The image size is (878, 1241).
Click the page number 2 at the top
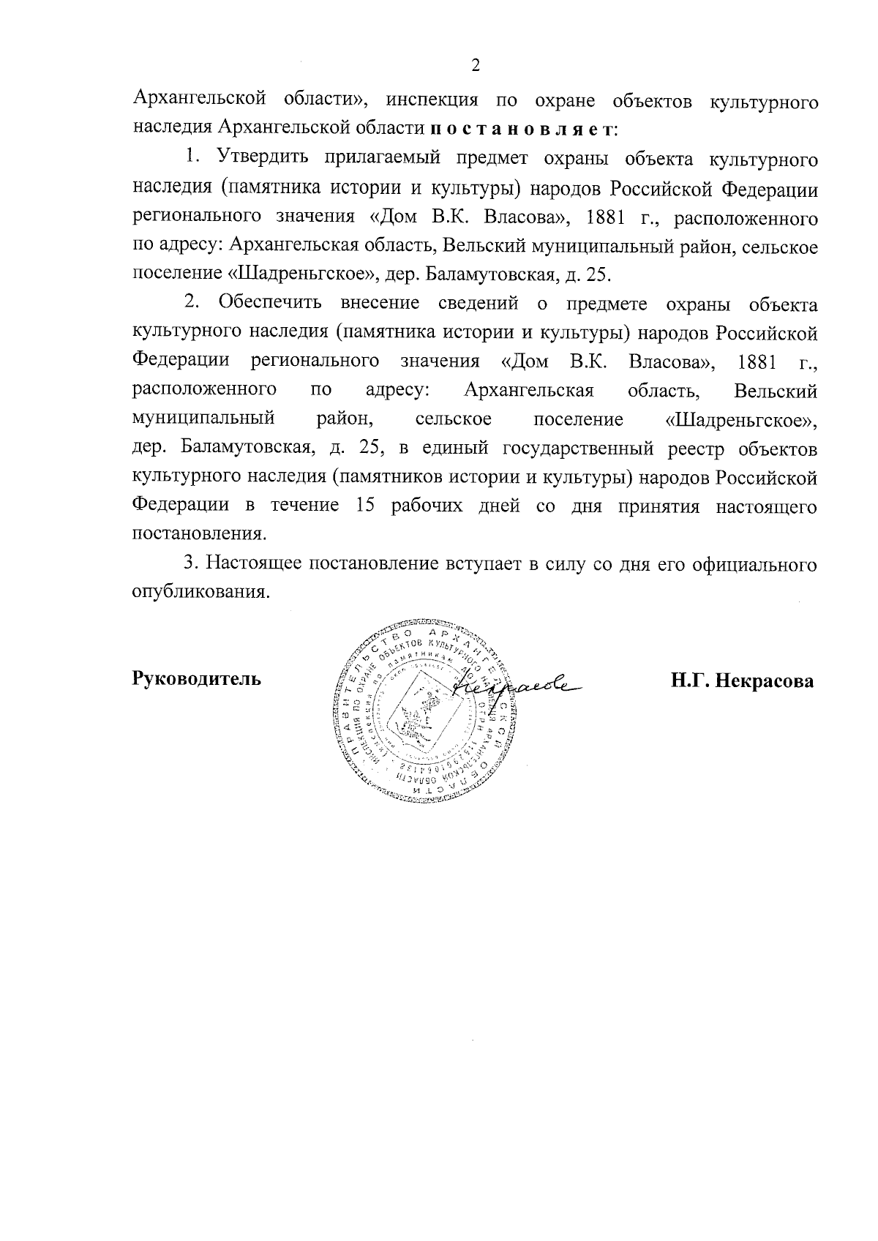(x=476, y=66)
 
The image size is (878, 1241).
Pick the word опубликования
(x=196, y=592)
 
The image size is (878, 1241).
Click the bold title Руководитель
(x=195, y=679)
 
